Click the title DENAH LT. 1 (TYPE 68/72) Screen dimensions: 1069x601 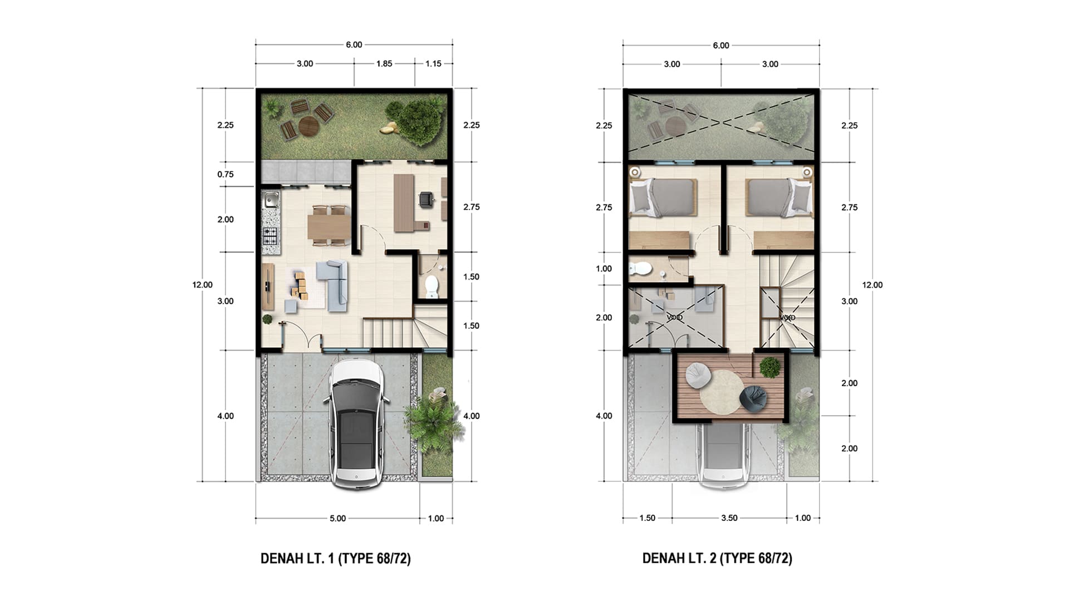click(336, 558)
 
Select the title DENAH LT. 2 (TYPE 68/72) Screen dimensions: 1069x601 click(717, 558)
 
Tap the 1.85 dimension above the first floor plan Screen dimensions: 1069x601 click(384, 63)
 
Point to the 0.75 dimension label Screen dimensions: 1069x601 click(225, 174)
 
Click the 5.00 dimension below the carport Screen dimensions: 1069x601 click(337, 518)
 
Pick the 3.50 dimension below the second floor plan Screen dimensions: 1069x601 click(729, 518)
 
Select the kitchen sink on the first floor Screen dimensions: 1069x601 click(271, 199)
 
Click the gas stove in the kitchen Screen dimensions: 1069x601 click(270, 237)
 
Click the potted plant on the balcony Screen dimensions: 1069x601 click(770, 367)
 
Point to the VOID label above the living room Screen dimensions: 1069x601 click(675, 317)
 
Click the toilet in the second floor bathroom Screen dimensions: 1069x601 click(640, 269)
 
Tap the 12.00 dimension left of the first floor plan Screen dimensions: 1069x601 click(203, 285)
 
